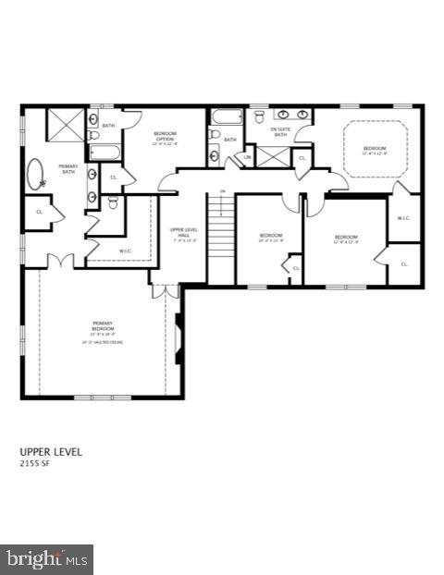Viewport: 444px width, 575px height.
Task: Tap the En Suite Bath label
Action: click(280, 131)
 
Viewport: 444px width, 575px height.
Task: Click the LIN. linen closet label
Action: click(247, 158)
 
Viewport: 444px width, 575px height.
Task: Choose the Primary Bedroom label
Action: click(103, 325)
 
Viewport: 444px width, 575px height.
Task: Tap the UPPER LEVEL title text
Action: click(51, 452)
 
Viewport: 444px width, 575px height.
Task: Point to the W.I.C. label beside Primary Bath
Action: click(125, 250)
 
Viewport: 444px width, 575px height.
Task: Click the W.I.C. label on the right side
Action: click(403, 218)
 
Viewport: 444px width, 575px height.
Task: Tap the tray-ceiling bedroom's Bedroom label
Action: click(374, 149)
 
